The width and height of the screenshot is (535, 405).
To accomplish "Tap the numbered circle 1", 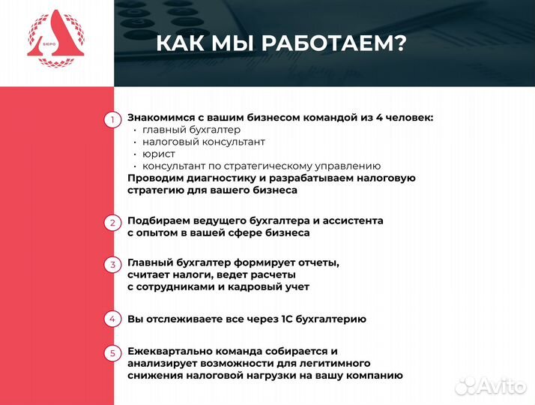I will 112,119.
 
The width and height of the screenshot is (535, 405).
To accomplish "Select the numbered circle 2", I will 112,223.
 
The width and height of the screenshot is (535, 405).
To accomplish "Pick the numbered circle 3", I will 112,265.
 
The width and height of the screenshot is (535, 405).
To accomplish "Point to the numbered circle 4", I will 112,319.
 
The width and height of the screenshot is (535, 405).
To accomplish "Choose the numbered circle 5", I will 112,352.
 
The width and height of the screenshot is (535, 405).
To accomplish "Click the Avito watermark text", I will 503,385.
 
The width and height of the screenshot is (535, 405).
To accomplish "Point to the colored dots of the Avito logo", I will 466,385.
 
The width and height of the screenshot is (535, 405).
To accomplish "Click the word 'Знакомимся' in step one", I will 161,118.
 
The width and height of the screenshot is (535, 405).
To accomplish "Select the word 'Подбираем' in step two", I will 157,220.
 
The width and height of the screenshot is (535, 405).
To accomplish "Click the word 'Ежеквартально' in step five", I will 169,351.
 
